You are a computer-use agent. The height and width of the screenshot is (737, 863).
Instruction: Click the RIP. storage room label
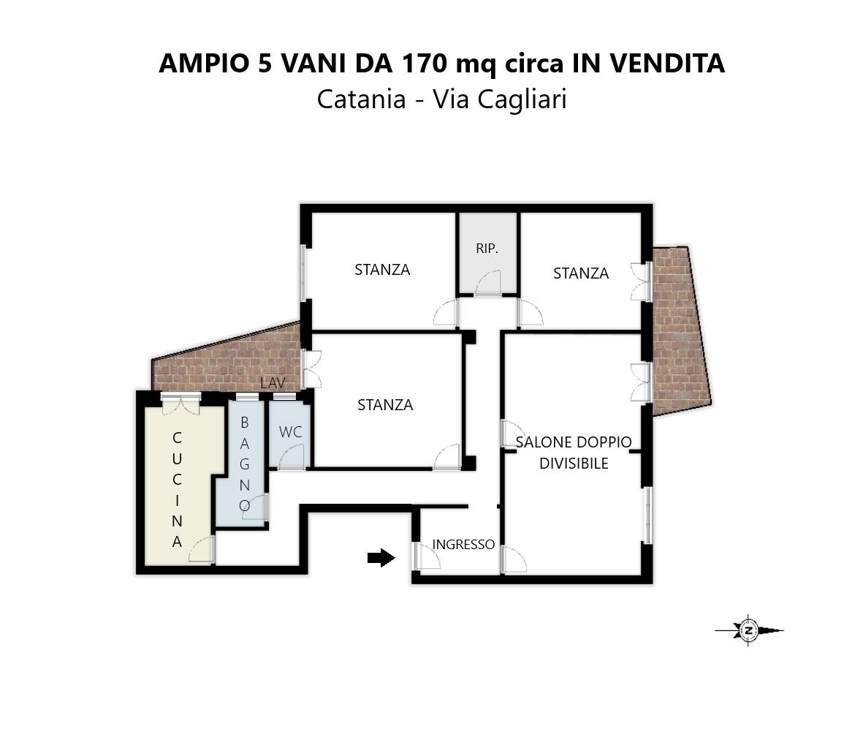(487, 249)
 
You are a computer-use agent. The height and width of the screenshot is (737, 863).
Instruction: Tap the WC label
(290, 432)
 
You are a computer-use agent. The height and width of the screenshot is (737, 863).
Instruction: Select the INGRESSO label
(463, 545)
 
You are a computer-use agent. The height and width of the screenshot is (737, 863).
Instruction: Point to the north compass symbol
(749, 630)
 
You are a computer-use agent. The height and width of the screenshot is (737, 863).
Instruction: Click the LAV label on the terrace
(272, 384)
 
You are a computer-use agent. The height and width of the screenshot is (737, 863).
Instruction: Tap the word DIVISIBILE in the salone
(574, 464)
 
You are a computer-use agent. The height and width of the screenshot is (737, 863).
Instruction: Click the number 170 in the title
(423, 64)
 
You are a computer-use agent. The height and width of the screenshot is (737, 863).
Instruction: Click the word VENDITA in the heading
(666, 64)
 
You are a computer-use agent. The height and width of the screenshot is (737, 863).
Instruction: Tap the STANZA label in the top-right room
(581, 273)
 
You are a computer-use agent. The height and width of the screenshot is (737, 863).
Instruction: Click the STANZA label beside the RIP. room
(382, 270)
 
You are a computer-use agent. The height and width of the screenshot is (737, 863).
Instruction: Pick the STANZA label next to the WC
(385, 405)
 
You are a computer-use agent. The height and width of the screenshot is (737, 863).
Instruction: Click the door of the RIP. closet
(488, 284)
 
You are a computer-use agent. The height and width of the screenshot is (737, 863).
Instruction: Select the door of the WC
(292, 458)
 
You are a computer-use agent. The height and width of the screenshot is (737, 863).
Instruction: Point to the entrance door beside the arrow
(425, 557)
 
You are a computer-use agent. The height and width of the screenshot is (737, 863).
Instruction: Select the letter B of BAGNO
(245, 422)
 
